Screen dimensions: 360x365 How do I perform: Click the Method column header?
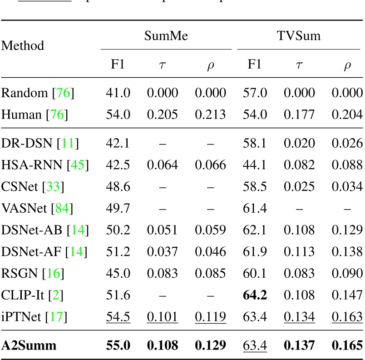pyautogui.click(x=23, y=46)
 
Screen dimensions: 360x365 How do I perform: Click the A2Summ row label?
pyautogui.click(x=29, y=345)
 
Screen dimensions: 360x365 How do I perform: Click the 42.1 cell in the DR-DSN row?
pyautogui.click(x=118, y=144)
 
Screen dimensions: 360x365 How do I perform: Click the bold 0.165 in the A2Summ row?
pyautogui.click(x=347, y=345)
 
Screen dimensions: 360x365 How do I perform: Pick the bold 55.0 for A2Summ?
pyautogui.click(x=118, y=345)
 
